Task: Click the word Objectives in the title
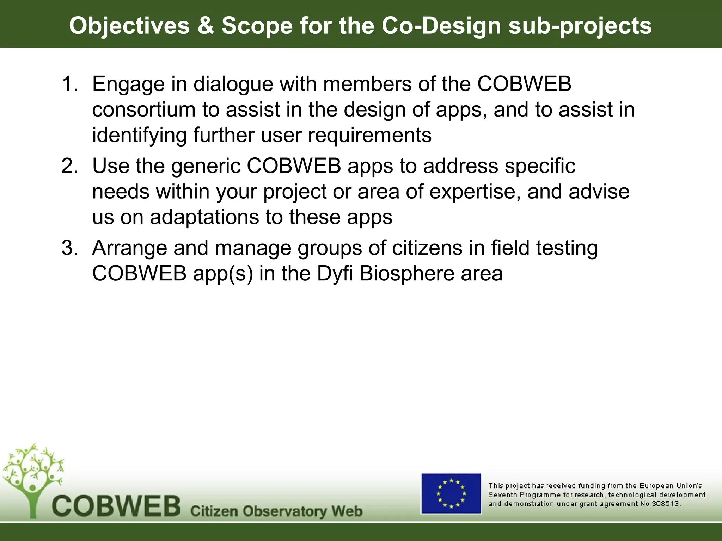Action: (129, 26)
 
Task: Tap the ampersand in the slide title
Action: (206, 26)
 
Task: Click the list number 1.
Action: (69, 84)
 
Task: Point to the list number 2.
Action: (69, 166)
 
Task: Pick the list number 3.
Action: (69, 248)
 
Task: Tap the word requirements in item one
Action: (369, 136)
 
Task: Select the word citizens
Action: (427, 248)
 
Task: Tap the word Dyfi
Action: (335, 274)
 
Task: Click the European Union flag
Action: (451, 493)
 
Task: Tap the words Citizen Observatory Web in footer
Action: (276, 511)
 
